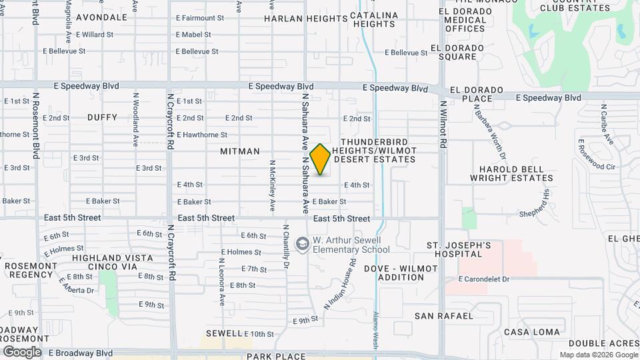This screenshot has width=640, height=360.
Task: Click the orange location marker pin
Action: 321,159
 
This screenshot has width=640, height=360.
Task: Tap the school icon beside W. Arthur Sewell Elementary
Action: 303,244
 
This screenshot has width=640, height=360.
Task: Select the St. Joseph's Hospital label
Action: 459,250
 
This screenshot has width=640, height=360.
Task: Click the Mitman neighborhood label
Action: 240,151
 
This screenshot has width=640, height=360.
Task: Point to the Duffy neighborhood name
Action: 102,117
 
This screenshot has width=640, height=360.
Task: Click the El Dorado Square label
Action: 457,52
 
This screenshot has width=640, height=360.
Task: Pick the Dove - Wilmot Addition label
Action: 401,273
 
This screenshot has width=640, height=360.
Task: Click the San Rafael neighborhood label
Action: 443,315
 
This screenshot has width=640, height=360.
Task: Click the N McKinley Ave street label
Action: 272,186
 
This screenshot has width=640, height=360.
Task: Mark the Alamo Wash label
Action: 376,329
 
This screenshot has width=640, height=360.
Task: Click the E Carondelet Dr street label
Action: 484,279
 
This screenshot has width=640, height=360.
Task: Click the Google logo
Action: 22,352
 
